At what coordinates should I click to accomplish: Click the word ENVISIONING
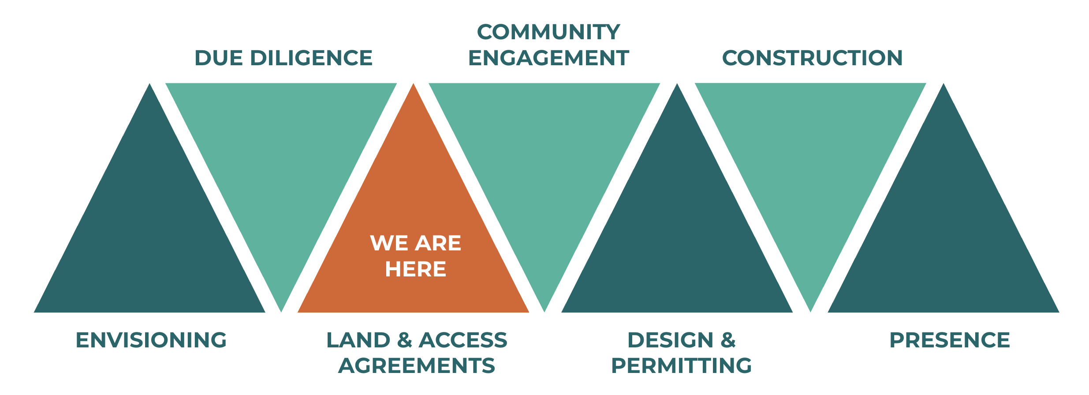pos(151,340)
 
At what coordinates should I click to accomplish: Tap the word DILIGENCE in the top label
pos(311,58)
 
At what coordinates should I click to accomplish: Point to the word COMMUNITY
pos(548,32)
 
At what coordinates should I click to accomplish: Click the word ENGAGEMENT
pos(548,58)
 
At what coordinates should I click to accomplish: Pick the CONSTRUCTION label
pos(812,58)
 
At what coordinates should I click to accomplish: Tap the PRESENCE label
pos(950,340)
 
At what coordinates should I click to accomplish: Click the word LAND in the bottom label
pos(358,340)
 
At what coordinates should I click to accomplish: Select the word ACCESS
pos(463,340)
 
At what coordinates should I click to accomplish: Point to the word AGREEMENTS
pos(417,366)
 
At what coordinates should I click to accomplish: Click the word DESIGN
pos(670,340)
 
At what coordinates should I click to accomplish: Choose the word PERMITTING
pos(681,366)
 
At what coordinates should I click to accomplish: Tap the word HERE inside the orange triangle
pos(415,269)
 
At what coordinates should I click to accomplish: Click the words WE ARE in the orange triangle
pos(415,243)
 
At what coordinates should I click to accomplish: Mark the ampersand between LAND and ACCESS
pos(405,340)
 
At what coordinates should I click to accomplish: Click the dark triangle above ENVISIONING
pos(150,229)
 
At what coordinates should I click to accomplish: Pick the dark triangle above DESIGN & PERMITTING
pos(677,229)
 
